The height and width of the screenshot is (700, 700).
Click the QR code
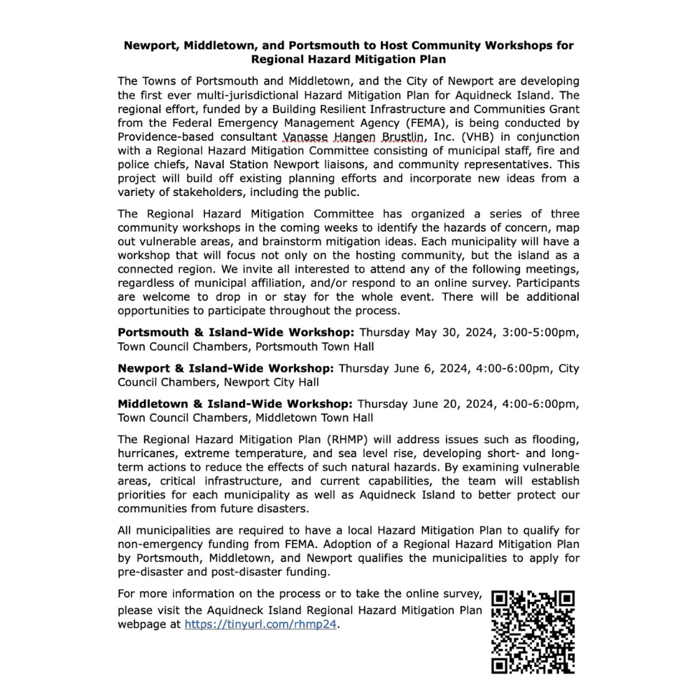tap(533, 632)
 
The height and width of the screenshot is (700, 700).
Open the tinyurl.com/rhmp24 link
tap(261, 624)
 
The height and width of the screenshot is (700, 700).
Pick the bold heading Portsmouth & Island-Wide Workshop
tap(237, 332)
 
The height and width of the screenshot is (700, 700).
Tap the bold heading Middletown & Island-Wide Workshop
tap(234, 404)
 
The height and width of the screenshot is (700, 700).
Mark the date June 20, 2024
tap(449, 404)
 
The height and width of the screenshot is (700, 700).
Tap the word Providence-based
tap(162, 136)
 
